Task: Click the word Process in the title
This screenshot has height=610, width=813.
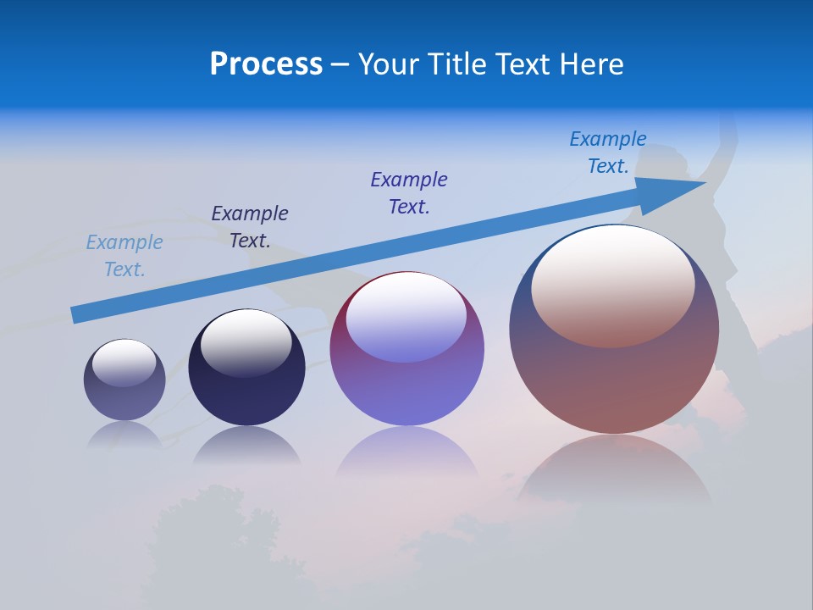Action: pos(266,64)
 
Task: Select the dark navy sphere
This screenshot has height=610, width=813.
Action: pos(246,368)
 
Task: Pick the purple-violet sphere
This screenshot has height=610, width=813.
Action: pos(406,349)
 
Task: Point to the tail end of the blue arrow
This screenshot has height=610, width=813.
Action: pos(78,314)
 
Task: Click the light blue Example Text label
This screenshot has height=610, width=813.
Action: pos(124,256)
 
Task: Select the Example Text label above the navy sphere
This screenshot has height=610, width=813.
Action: pos(250,227)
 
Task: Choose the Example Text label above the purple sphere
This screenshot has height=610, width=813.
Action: pos(409,193)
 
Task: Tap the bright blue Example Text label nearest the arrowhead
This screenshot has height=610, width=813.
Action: pos(608,152)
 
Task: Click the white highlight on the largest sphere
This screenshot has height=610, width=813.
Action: pos(613,273)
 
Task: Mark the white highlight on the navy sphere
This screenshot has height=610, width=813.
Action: pos(246,337)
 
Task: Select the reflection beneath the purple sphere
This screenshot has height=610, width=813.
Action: pos(406,453)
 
